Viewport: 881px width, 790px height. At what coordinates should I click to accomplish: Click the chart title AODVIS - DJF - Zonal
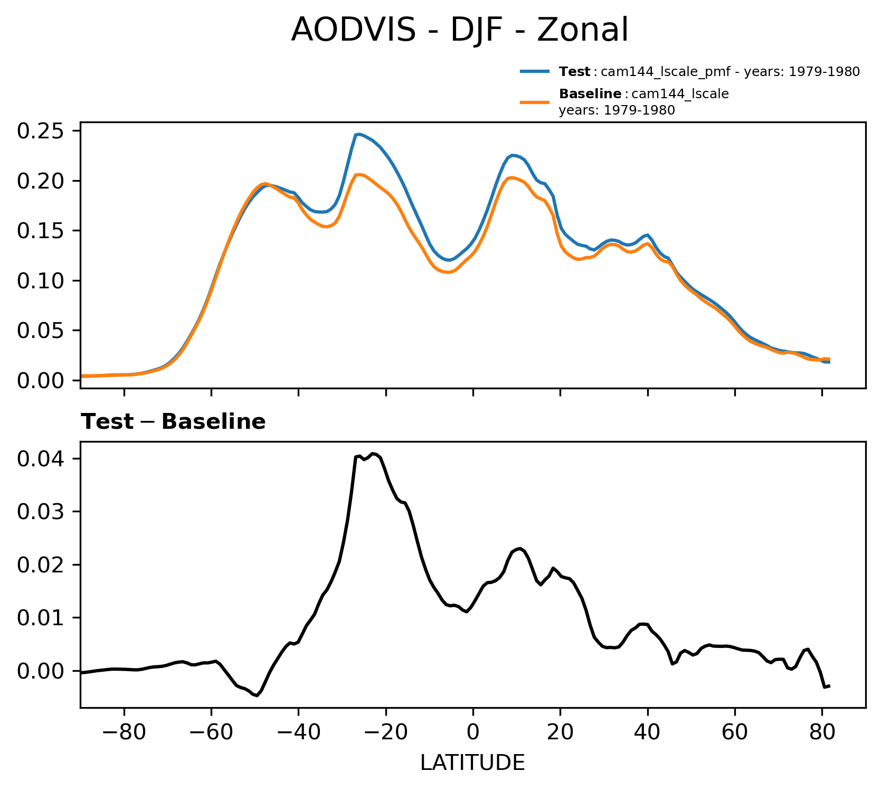[x=459, y=30]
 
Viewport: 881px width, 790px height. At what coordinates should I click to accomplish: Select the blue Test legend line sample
[x=535, y=71]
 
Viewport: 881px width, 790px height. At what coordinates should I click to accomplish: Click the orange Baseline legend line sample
[x=535, y=102]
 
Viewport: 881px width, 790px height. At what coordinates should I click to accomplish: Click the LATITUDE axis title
[x=472, y=763]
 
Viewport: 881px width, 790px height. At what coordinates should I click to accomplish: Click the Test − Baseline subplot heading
[x=173, y=422]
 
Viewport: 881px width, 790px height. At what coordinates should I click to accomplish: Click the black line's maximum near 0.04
[x=373, y=453]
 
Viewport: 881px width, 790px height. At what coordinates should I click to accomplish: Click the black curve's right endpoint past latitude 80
[x=829, y=685]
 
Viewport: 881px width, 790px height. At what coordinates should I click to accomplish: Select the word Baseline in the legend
[x=590, y=94]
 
